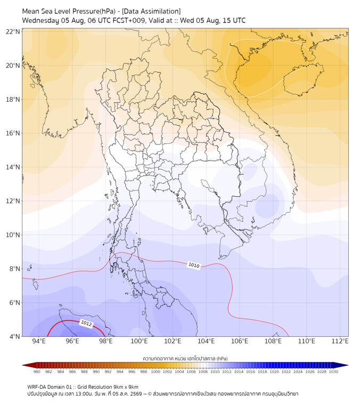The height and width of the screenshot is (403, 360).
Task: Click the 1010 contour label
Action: (x=194, y=265)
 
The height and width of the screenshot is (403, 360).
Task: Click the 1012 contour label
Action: (x=86, y=324)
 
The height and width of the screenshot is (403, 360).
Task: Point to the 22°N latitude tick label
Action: (x=13, y=31)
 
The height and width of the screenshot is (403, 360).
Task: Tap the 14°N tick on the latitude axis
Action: (x=13, y=167)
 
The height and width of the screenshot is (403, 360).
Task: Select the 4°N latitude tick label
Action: (x=14, y=336)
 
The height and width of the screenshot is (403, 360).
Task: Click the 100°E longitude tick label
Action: (x=139, y=341)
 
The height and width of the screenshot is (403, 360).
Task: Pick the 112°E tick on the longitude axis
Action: (x=340, y=341)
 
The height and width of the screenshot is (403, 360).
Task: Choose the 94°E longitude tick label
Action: (x=39, y=341)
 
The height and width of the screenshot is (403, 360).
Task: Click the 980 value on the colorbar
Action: (x=37, y=372)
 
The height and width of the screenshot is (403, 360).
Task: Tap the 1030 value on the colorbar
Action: (x=333, y=372)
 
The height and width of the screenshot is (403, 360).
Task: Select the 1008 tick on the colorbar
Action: (x=203, y=372)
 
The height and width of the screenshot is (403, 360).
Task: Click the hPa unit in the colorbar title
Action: (x=222, y=358)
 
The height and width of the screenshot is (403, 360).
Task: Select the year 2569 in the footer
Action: (x=136, y=394)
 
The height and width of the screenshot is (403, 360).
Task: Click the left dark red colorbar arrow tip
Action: (x=22, y=365)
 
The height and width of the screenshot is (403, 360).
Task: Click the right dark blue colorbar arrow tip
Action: (x=348, y=365)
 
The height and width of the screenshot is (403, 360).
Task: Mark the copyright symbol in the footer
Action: (x=150, y=394)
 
